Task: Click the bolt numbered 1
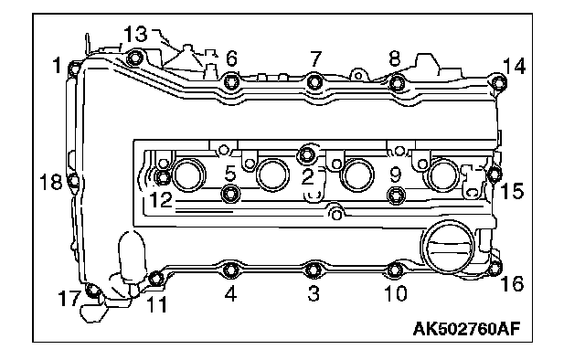tap(75, 69)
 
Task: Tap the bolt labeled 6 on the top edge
tap(231, 81)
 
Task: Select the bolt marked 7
tap(315, 81)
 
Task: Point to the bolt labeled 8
tap(398, 83)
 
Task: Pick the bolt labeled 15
tap(495, 174)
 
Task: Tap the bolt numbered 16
tap(495, 268)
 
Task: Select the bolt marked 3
tap(314, 270)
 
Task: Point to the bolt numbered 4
tap(231, 270)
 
